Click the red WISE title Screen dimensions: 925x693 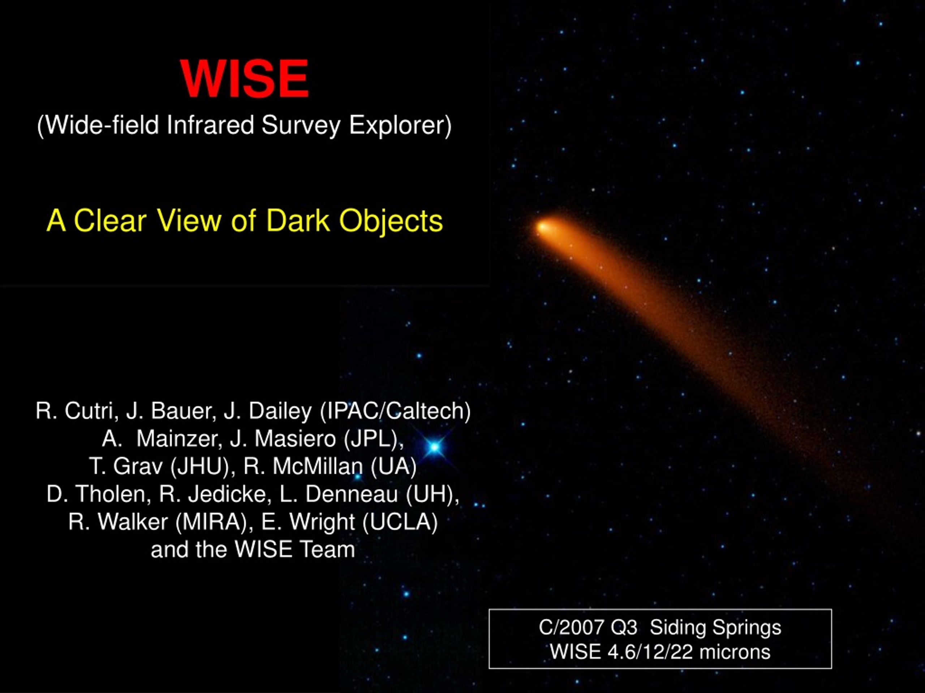(x=245, y=79)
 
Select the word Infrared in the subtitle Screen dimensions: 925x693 (x=210, y=125)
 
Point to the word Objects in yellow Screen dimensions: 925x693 (x=391, y=221)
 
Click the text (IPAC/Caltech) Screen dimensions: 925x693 (x=395, y=411)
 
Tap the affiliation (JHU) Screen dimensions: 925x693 (x=200, y=467)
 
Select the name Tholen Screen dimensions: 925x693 (x=113, y=494)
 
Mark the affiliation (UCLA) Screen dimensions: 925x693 (x=400, y=522)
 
